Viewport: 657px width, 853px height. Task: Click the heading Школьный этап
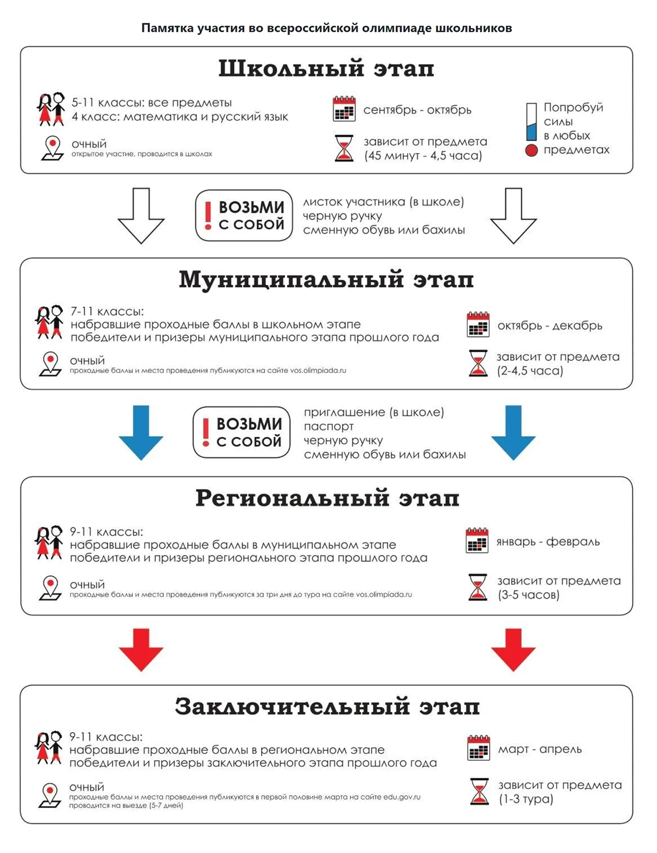pyautogui.click(x=326, y=69)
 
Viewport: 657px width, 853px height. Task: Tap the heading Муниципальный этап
pyautogui.click(x=326, y=280)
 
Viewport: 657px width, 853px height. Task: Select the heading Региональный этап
pyautogui.click(x=327, y=498)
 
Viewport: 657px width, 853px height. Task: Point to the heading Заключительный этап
pyautogui.click(x=327, y=707)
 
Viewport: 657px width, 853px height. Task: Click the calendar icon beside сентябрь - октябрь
pyautogui.click(x=344, y=109)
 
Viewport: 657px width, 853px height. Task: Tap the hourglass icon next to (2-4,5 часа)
pyautogui.click(x=478, y=364)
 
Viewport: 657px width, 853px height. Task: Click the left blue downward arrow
pyautogui.click(x=141, y=432)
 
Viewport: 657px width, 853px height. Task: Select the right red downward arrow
pyautogui.click(x=513, y=650)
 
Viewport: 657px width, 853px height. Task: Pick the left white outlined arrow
pyautogui.click(x=141, y=215)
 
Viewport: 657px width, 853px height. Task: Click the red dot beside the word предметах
pyautogui.click(x=531, y=151)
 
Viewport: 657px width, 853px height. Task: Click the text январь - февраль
pyautogui.click(x=548, y=542)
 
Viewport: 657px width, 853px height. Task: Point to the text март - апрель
pyautogui.click(x=540, y=749)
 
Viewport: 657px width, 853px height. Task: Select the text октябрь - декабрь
pyautogui.click(x=550, y=326)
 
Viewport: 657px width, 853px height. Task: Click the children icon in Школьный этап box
pyautogui.click(x=51, y=109)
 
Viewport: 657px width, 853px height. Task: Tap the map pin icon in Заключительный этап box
pyautogui.click(x=50, y=796)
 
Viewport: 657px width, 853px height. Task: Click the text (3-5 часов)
pyautogui.click(x=529, y=595)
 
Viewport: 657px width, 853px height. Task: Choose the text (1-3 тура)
pyautogui.click(x=526, y=799)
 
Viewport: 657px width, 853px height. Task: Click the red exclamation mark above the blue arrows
pyautogui.click(x=206, y=432)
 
